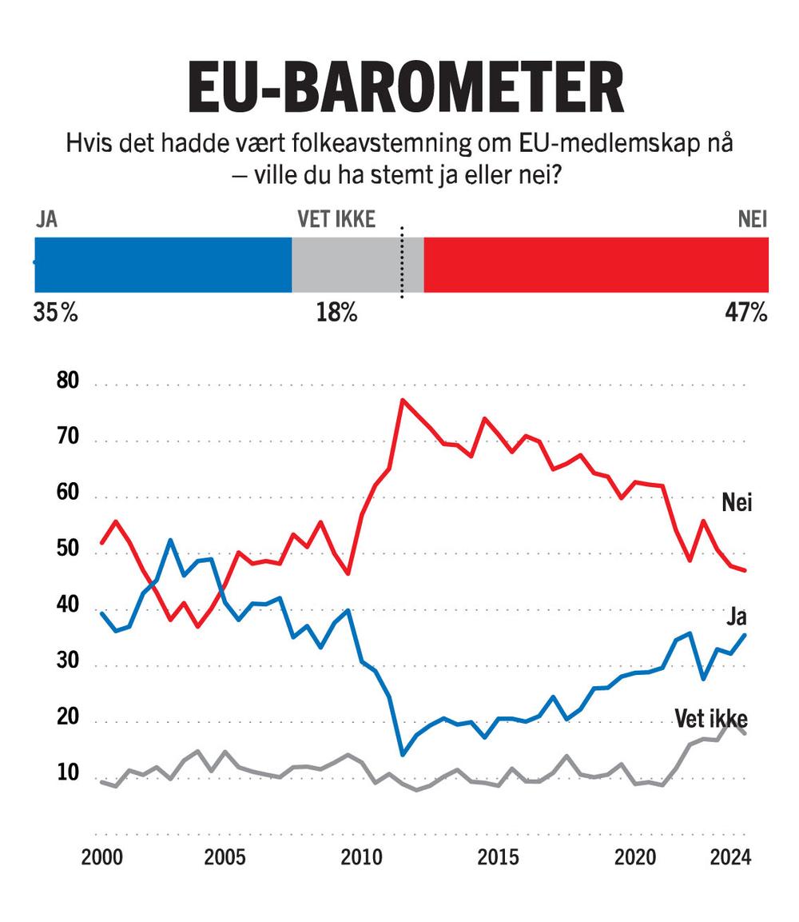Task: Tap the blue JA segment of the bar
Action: (x=163, y=265)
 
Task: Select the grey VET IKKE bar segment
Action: (x=346, y=265)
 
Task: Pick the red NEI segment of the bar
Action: (x=595, y=265)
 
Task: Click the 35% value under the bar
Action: (x=55, y=313)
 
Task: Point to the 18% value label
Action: (x=336, y=313)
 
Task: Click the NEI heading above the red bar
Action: (x=753, y=220)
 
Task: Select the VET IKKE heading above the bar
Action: (x=336, y=220)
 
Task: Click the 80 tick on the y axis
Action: (x=70, y=381)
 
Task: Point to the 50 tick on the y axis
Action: (x=70, y=550)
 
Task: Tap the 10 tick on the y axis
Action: (x=70, y=774)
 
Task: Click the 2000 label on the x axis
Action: (x=102, y=858)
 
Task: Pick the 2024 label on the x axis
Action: (x=730, y=858)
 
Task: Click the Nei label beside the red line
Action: (x=737, y=502)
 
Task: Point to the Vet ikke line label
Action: (x=711, y=718)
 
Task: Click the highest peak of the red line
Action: (x=402, y=400)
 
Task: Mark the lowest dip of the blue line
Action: (x=402, y=754)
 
